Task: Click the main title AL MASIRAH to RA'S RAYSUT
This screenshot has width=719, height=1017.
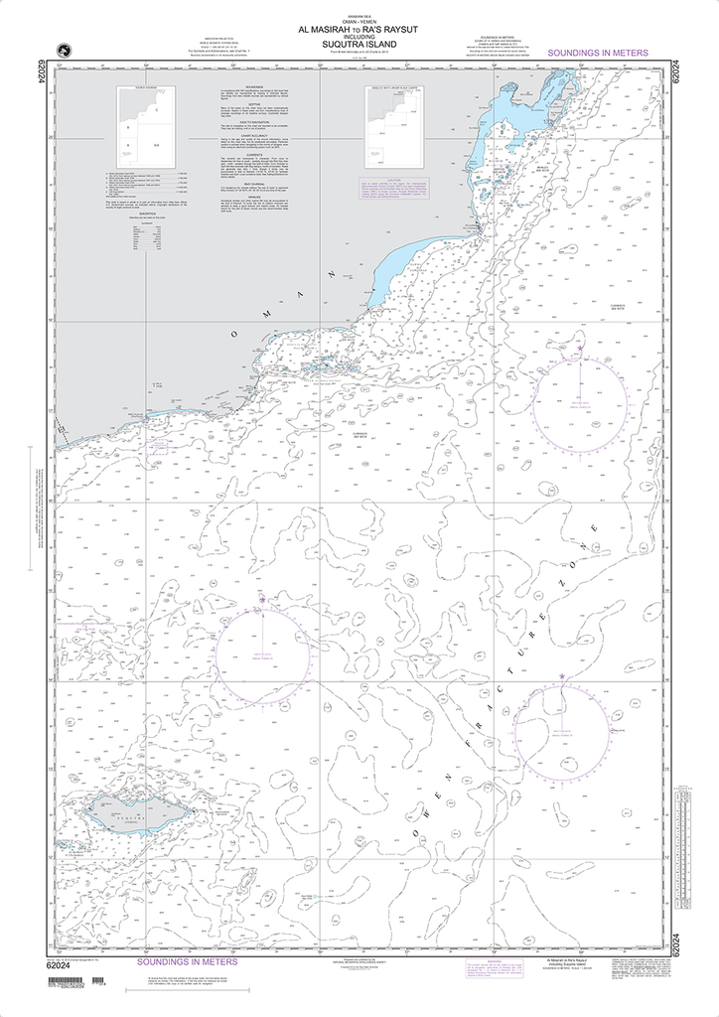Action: click(x=359, y=31)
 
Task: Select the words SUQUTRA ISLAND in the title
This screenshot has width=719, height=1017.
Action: click(x=359, y=45)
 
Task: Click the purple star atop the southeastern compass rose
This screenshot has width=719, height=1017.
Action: click(x=562, y=677)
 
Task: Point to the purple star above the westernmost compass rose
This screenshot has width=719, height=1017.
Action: click(x=262, y=600)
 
